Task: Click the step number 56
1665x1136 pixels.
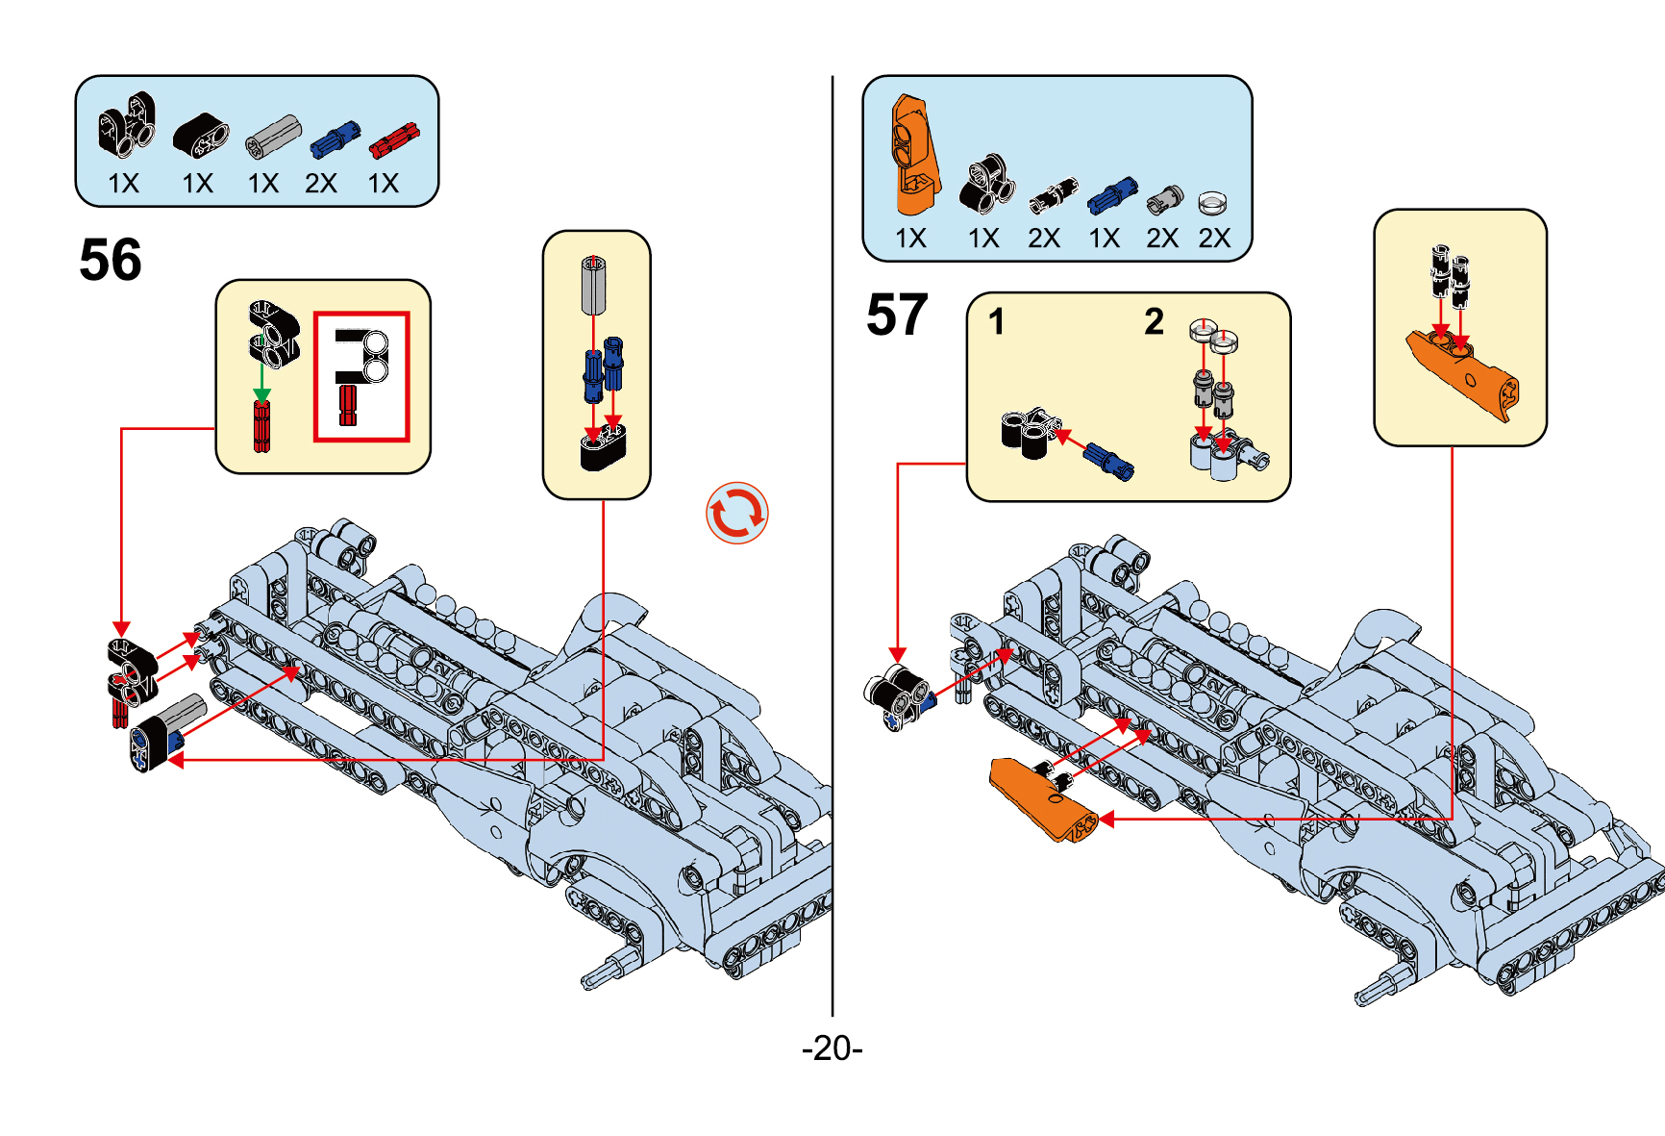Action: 111,260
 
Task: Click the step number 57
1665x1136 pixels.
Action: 897,315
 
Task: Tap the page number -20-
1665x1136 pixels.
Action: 832,1048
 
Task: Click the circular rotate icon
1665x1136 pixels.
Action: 737,513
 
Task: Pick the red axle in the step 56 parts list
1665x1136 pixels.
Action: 394,139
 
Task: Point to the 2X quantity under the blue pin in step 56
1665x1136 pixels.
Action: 321,184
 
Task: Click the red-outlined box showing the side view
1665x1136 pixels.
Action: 361,376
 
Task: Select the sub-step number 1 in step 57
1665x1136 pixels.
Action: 997,321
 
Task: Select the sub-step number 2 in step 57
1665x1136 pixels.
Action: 1154,321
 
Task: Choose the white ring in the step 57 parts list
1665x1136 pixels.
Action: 1213,202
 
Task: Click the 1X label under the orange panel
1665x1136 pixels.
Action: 910,239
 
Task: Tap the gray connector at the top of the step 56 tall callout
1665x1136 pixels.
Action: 593,285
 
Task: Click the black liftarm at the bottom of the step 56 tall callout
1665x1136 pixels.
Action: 603,448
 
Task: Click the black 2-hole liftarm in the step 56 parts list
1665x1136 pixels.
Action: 201,135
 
